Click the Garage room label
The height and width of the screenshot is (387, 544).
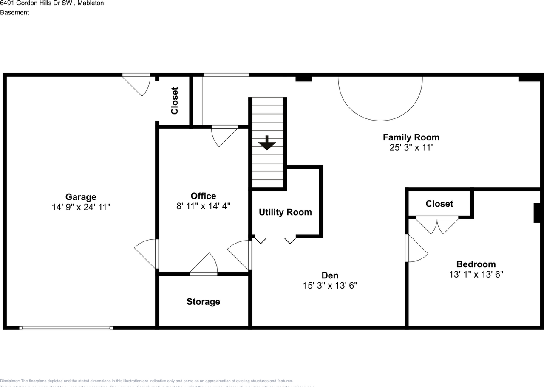[x=81, y=197]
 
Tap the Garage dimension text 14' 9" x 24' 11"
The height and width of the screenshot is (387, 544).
[x=81, y=207]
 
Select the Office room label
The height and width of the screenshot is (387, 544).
[x=203, y=196]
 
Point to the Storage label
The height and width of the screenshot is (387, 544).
[x=203, y=302]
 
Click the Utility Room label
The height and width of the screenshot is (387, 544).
[x=285, y=212]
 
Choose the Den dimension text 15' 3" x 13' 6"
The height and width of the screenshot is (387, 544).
[x=330, y=286]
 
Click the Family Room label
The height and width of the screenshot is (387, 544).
[x=411, y=137]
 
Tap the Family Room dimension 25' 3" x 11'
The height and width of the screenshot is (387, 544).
[x=411, y=148]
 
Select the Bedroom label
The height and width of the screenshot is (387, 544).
[x=476, y=264]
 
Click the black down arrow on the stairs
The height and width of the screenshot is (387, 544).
[x=267, y=143]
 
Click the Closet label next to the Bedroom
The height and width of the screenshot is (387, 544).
[x=439, y=204]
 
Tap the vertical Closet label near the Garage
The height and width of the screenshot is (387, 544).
[x=174, y=101]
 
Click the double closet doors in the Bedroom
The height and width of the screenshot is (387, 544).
[x=437, y=224]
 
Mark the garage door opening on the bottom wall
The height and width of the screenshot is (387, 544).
[x=66, y=328]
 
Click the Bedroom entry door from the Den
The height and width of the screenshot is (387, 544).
[x=415, y=249]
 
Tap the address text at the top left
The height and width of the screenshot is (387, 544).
[x=52, y=3]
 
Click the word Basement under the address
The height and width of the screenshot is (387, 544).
[x=14, y=13]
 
